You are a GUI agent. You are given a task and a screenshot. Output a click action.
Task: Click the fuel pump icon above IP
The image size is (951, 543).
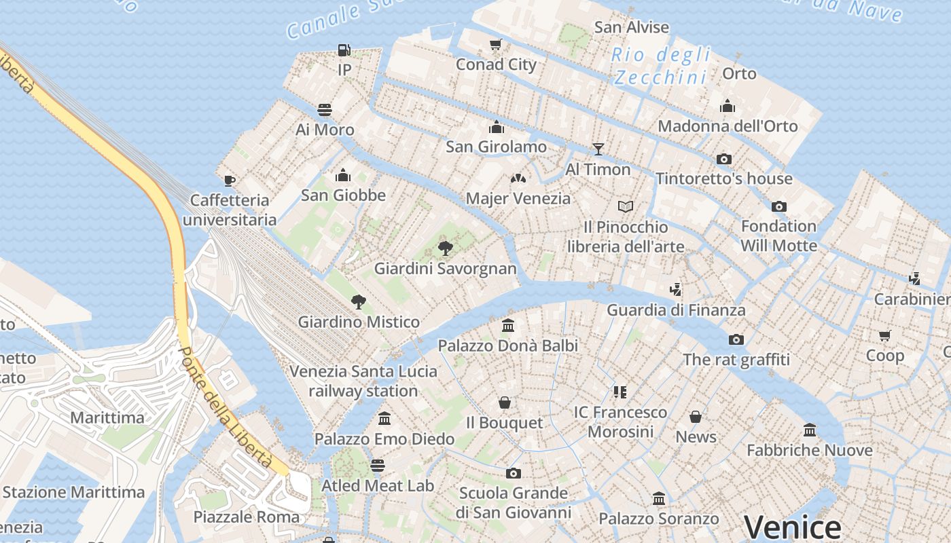click(x=344, y=50)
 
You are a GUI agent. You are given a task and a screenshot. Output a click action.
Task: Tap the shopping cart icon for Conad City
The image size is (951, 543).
click(x=496, y=45)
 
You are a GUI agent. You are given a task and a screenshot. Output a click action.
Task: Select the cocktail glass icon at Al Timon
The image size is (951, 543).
click(x=598, y=149)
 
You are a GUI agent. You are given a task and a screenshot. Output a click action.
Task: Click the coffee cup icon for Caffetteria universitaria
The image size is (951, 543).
click(x=230, y=181)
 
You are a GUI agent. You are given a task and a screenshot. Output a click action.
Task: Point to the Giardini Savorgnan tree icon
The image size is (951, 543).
click(x=446, y=248)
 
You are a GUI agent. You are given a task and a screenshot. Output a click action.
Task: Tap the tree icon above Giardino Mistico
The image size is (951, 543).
click(x=358, y=302)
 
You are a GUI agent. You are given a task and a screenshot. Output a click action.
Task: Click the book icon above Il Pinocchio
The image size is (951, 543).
click(x=625, y=206)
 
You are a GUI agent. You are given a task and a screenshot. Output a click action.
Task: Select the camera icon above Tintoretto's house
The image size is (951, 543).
click(x=724, y=159)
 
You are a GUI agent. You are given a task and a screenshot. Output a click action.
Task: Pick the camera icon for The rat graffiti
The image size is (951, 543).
click(x=736, y=339)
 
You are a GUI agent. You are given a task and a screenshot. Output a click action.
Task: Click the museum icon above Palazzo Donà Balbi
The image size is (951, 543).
click(x=508, y=326)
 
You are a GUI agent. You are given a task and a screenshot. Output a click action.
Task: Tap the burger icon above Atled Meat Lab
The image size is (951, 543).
click(x=378, y=466)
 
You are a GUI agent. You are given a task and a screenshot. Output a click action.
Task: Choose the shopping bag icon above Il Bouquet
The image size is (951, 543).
click(x=505, y=403)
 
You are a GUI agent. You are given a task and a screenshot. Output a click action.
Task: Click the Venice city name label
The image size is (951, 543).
click(x=792, y=527)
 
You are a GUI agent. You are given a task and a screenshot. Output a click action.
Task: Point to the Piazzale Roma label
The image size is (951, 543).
click(x=247, y=517)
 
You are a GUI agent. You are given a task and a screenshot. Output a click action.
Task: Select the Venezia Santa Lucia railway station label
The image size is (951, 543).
click(x=363, y=381)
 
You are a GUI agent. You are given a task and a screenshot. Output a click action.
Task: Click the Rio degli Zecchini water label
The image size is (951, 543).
click(x=660, y=66)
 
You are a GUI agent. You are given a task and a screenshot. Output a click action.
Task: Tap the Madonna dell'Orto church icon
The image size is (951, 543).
click(x=728, y=106)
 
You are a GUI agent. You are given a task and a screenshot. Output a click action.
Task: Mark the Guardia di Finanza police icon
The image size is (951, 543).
click(x=675, y=290)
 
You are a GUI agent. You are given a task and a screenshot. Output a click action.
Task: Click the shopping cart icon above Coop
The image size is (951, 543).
click(x=884, y=335)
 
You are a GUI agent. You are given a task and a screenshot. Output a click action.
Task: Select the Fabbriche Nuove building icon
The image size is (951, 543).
click(x=810, y=430)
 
